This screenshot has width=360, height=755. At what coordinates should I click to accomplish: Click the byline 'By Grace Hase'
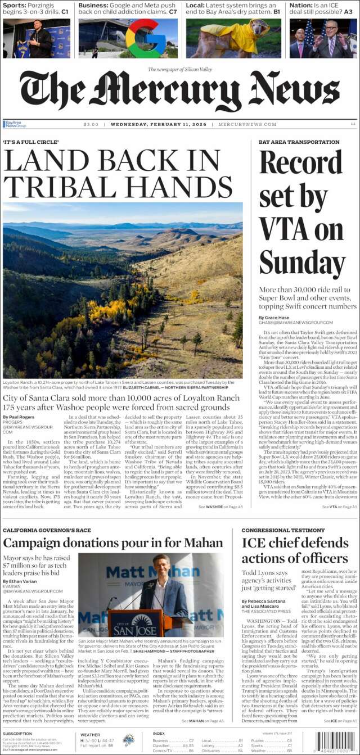(x=274, y=317)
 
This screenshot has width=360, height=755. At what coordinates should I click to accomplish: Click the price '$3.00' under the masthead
(x=91, y=124)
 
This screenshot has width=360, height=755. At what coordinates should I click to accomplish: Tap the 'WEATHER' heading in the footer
(x=90, y=734)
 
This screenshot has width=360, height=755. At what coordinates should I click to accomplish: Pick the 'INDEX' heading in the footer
(x=159, y=734)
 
